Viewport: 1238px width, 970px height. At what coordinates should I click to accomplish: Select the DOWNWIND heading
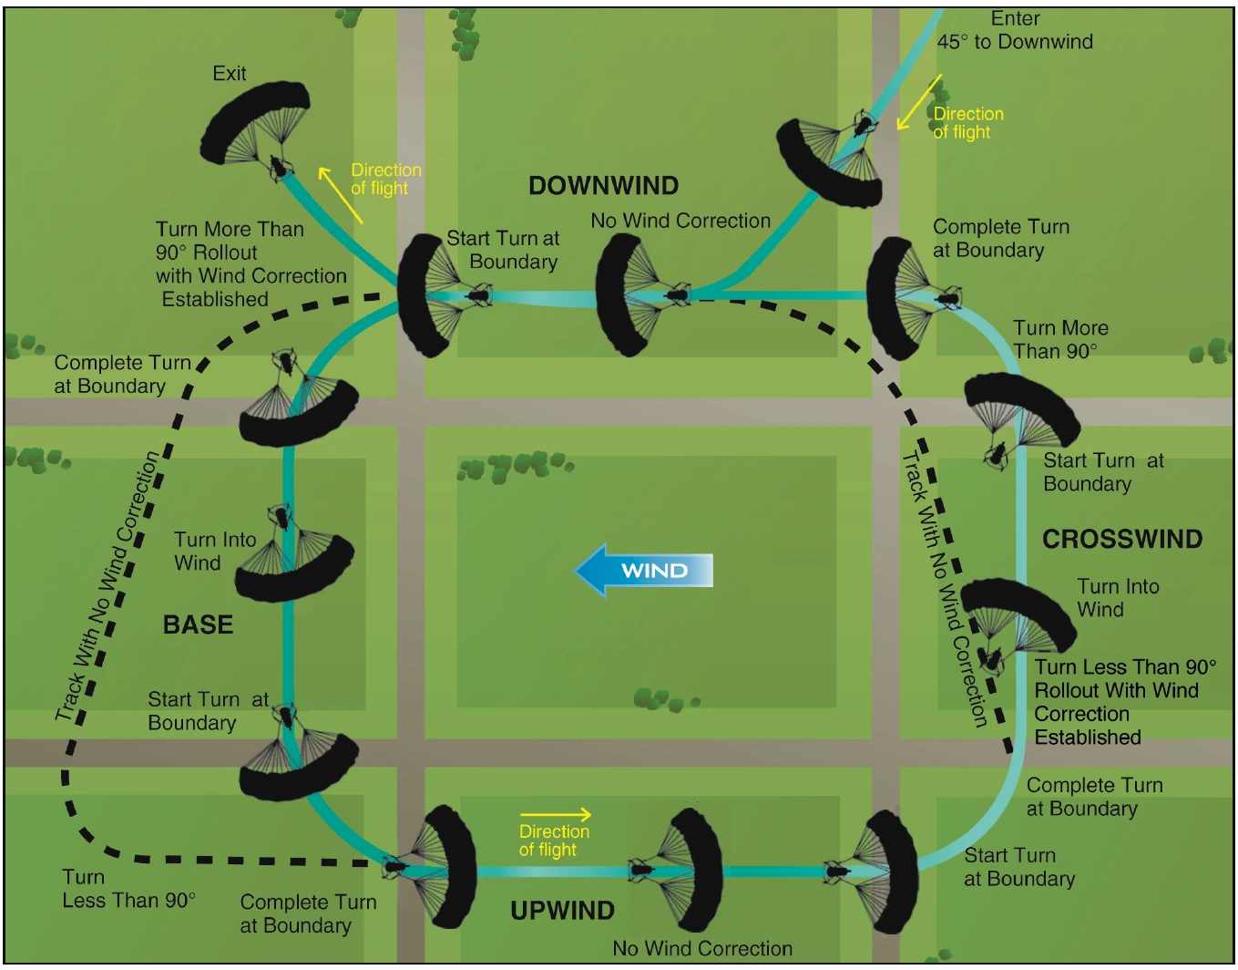pyautogui.click(x=603, y=186)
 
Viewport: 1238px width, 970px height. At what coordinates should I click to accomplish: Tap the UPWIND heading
pyautogui.click(x=562, y=911)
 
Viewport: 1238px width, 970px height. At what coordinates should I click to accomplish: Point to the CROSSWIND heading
pyautogui.click(x=1122, y=539)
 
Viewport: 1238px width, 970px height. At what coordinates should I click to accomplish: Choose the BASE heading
pyautogui.click(x=198, y=624)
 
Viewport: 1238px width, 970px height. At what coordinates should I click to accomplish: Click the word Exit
pyautogui.click(x=229, y=74)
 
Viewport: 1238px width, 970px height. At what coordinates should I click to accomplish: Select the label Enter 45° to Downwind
pyautogui.click(x=1015, y=30)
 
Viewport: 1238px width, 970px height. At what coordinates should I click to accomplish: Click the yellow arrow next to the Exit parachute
pyautogui.click(x=340, y=195)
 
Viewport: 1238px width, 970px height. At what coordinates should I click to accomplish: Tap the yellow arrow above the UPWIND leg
pyautogui.click(x=556, y=814)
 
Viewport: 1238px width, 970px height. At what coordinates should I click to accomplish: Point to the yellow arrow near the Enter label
pyautogui.click(x=919, y=102)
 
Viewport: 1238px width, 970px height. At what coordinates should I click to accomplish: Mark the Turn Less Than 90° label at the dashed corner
pyautogui.click(x=128, y=889)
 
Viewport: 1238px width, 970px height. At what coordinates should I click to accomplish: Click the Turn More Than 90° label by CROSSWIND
pyautogui.click(x=1060, y=340)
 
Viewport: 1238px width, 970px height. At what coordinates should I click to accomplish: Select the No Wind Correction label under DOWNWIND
pyautogui.click(x=680, y=221)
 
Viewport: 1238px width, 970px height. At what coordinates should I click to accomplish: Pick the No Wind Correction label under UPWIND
pyautogui.click(x=701, y=948)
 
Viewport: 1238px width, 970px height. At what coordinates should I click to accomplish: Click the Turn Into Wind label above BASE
pyautogui.click(x=215, y=552)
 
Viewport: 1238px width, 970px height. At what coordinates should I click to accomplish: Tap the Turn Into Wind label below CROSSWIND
pyautogui.click(x=1118, y=598)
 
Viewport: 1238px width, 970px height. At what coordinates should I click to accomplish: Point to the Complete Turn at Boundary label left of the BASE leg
pyautogui.click(x=122, y=374)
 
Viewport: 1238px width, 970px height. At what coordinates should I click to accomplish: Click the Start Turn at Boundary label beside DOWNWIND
pyautogui.click(x=503, y=250)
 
